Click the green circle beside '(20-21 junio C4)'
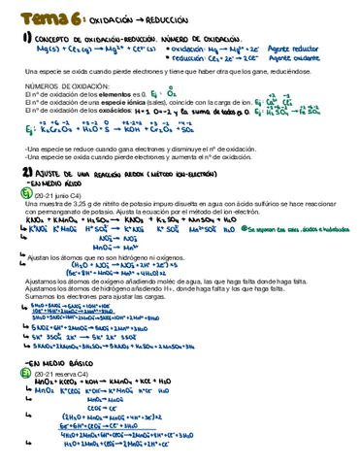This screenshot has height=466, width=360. [25, 191]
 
